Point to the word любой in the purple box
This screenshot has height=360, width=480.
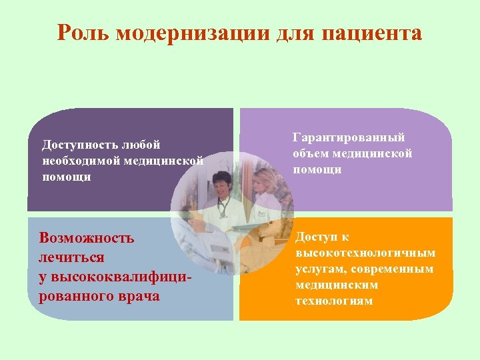[x=143, y=144]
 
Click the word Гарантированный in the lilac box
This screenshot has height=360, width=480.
[x=349, y=137]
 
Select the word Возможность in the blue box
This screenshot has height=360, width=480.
[x=87, y=238]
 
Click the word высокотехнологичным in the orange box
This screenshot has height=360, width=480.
[x=365, y=253]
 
